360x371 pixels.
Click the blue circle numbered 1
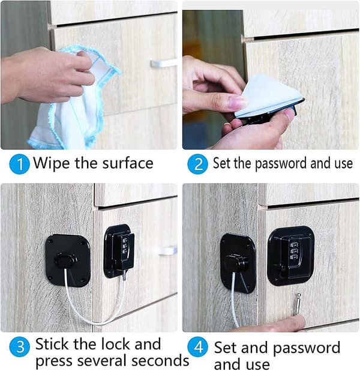click(19, 164)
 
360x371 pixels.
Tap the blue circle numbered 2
click(197, 164)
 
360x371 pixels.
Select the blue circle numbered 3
click(19, 347)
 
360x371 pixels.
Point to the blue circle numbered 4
click(197, 347)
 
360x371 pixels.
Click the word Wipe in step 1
click(52, 163)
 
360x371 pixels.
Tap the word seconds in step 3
click(160, 361)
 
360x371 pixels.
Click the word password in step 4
click(307, 348)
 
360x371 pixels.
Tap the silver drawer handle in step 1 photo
click(164, 63)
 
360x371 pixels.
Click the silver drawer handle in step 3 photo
click(168, 250)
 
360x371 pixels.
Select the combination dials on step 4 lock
click(293, 250)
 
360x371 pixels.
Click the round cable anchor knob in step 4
click(237, 263)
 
